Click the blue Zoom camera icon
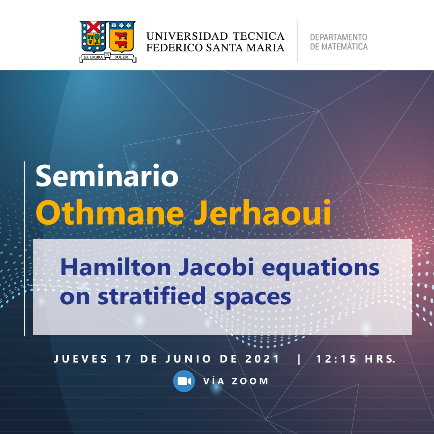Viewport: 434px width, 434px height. [184, 381]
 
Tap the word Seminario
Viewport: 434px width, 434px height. [107, 176]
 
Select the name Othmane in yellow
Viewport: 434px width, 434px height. [110, 212]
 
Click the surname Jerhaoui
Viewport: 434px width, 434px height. [262, 212]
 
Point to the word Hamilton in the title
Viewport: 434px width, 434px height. [115, 267]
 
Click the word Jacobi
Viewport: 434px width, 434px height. [217, 267]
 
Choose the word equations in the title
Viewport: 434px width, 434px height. [321, 268]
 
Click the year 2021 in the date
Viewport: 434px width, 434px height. [262, 359]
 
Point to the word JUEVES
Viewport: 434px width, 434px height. [80, 359]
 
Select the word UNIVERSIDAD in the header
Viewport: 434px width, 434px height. [187, 36]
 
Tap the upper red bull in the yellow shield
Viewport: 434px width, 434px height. [121, 36]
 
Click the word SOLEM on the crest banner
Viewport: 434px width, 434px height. [121, 57]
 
